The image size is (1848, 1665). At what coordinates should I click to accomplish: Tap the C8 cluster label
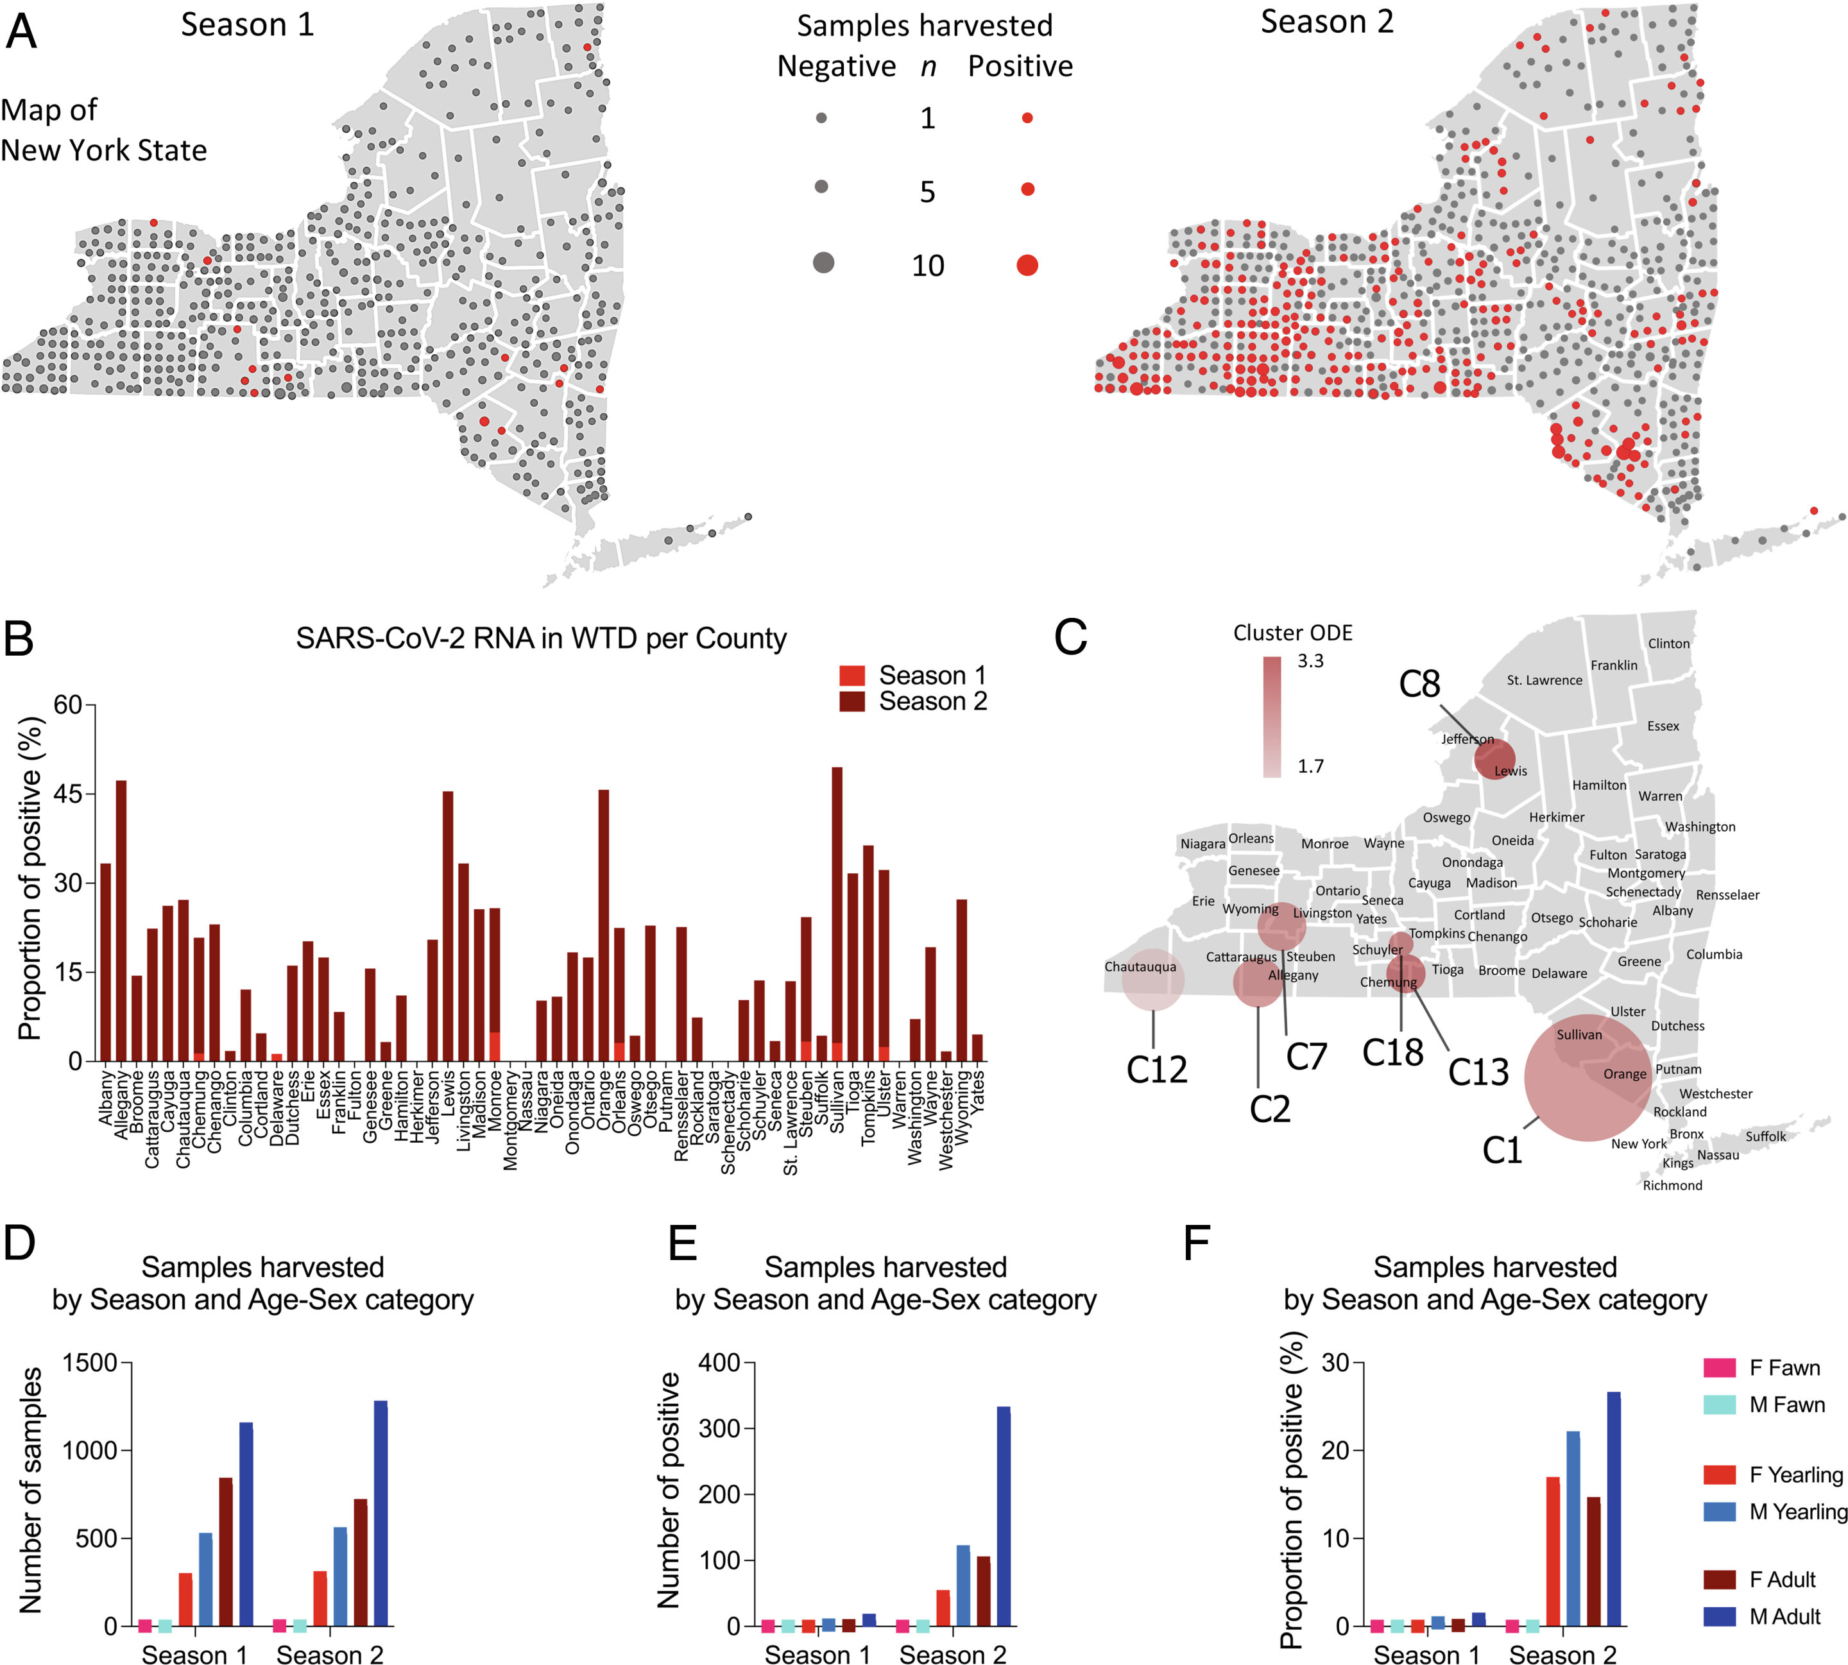(x=1419, y=685)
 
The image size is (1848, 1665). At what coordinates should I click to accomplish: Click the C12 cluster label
(x=1156, y=1068)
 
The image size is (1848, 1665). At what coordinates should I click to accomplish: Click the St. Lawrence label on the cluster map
(x=1544, y=681)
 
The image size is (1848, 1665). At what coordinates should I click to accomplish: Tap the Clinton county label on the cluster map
(x=1669, y=644)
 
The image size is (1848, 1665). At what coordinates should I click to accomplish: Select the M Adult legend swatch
(x=1719, y=1616)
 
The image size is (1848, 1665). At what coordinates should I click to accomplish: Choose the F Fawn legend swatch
(x=1719, y=1368)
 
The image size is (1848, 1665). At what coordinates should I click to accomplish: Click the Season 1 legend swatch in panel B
(x=851, y=676)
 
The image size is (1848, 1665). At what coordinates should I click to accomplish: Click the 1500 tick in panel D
(x=90, y=1363)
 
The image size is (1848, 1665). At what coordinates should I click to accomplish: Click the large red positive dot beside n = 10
(x=1027, y=265)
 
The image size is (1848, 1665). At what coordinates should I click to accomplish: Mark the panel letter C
(x=1070, y=638)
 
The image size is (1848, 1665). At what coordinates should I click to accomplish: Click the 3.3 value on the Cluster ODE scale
(x=1310, y=660)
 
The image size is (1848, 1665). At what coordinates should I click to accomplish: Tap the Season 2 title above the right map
(x=1326, y=22)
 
